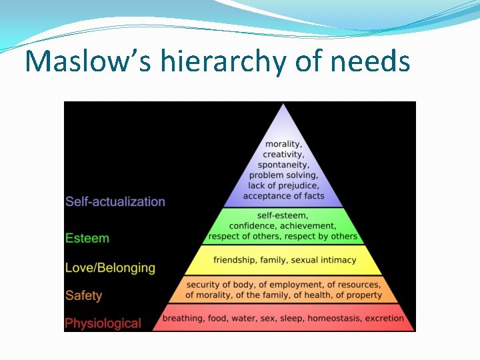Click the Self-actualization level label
click(115, 201)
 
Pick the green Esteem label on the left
click(87, 238)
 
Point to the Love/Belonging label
click(110, 268)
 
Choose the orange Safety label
click(84, 295)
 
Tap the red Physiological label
click(103, 323)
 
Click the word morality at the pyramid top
click(283, 144)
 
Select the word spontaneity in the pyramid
click(283, 165)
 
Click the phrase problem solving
click(283, 175)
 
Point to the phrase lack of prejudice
click(283, 185)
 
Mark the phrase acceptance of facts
click(283, 196)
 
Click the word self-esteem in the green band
click(283, 216)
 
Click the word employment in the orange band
click(276, 285)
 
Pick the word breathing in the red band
click(183, 318)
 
